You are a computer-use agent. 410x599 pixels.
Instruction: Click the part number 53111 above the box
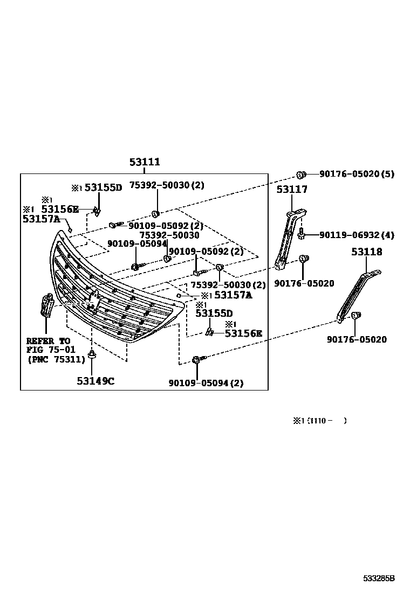pyautogui.click(x=144, y=162)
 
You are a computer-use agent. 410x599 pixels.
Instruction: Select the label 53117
pyautogui.click(x=292, y=190)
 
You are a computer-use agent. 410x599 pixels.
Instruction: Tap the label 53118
pyautogui.click(x=367, y=252)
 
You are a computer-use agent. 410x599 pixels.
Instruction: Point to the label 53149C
pyautogui.click(x=95, y=381)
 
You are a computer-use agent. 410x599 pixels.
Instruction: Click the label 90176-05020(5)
pyautogui.click(x=357, y=174)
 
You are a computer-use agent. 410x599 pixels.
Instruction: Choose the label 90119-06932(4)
pyautogui.click(x=357, y=235)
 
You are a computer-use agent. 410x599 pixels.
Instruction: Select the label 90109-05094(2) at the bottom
pyautogui.click(x=206, y=383)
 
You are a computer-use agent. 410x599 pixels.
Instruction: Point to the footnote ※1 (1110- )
pyautogui.click(x=320, y=421)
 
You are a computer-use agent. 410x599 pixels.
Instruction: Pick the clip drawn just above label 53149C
pyautogui.click(x=93, y=354)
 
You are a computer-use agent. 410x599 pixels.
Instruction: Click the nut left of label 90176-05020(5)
pyautogui.click(x=302, y=174)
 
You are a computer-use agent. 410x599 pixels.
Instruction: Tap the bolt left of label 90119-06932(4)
pyautogui.click(x=302, y=234)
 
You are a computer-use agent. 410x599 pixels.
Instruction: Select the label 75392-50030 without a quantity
pyautogui.click(x=169, y=235)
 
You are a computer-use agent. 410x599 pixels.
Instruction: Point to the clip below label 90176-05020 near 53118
pyautogui.click(x=355, y=316)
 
